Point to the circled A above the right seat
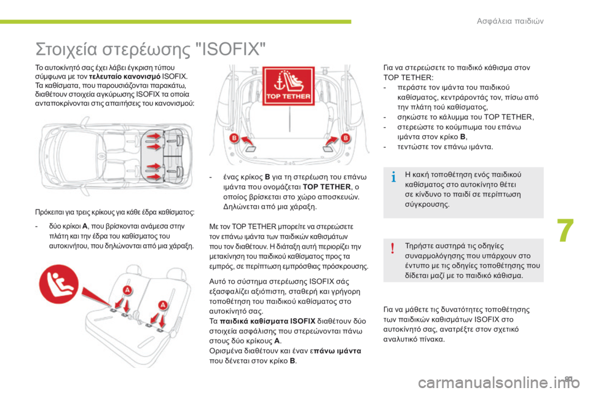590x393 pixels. click(163, 303)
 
